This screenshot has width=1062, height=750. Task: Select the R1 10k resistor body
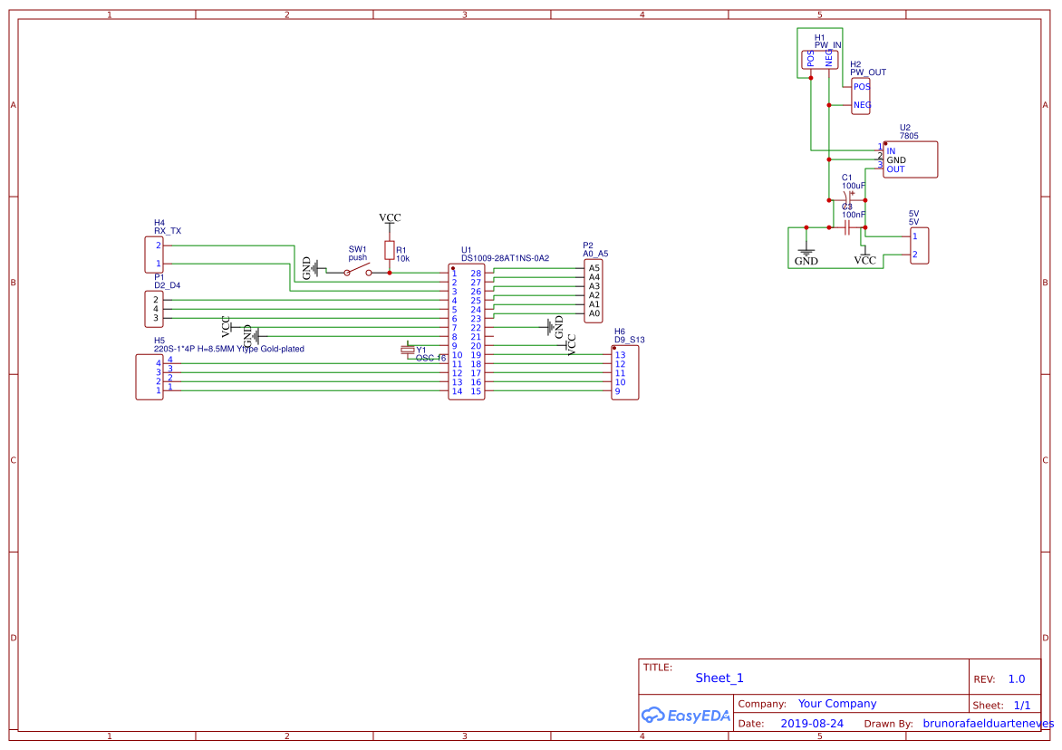pyautogui.click(x=390, y=251)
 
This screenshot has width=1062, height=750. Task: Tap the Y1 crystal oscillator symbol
pyautogui.click(x=409, y=350)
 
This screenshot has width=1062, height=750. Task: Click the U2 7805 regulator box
pyautogui.click(x=910, y=159)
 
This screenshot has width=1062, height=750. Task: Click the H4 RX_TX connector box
pyautogui.click(x=154, y=255)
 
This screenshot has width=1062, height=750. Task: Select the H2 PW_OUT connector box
pyautogui.click(x=861, y=96)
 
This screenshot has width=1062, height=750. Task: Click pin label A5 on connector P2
pyautogui.click(x=594, y=268)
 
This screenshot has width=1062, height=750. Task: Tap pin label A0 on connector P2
pyautogui.click(x=594, y=313)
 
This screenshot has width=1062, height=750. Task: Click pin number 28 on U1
pyautogui.click(x=476, y=274)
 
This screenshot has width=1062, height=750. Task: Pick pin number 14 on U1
pyautogui.click(x=458, y=391)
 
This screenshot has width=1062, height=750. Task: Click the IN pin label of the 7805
pyautogui.click(x=891, y=151)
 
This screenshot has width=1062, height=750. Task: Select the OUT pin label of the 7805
pyautogui.click(x=895, y=169)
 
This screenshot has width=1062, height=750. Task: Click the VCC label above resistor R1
pyautogui.click(x=390, y=218)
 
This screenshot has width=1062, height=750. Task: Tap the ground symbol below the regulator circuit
pyautogui.click(x=806, y=255)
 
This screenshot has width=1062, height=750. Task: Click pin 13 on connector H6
pyautogui.click(x=621, y=355)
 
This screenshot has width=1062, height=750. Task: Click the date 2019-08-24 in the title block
pyautogui.click(x=811, y=724)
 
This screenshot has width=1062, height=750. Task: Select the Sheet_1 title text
pyautogui.click(x=719, y=678)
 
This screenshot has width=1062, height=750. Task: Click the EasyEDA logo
pyautogui.click(x=685, y=715)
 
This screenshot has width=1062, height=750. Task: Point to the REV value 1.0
pyautogui.click(x=1017, y=679)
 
